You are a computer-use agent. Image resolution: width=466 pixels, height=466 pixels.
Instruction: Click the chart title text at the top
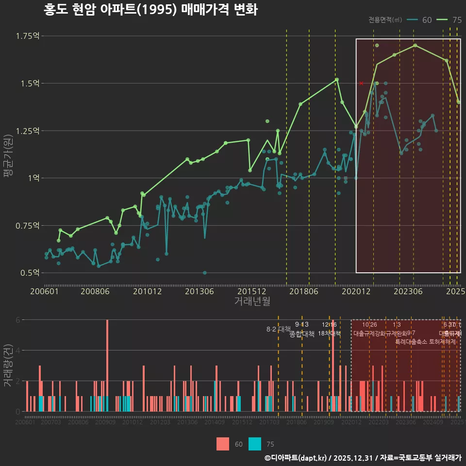tap(150, 10)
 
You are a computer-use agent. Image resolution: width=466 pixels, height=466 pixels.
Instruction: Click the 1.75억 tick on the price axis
tap(29, 36)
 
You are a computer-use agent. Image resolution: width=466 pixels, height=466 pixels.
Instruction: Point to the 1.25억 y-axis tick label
tap(29, 131)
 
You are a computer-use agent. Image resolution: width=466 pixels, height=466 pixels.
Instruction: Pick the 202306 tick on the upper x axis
tap(408, 292)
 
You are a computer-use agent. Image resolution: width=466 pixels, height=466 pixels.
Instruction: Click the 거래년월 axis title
tap(252, 301)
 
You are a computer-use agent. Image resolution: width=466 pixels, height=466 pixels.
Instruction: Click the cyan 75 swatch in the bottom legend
tap(255, 444)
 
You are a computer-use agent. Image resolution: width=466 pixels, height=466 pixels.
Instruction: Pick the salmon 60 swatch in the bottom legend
tap(223, 444)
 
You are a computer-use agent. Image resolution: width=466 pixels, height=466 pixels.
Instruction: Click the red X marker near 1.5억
tap(361, 83)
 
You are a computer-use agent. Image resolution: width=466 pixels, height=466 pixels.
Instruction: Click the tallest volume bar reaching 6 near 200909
tap(107, 366)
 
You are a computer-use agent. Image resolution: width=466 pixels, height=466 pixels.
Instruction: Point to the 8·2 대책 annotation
tap(278, 329)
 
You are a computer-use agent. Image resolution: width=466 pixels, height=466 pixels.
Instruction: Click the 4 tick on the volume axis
tap(18, 350)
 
